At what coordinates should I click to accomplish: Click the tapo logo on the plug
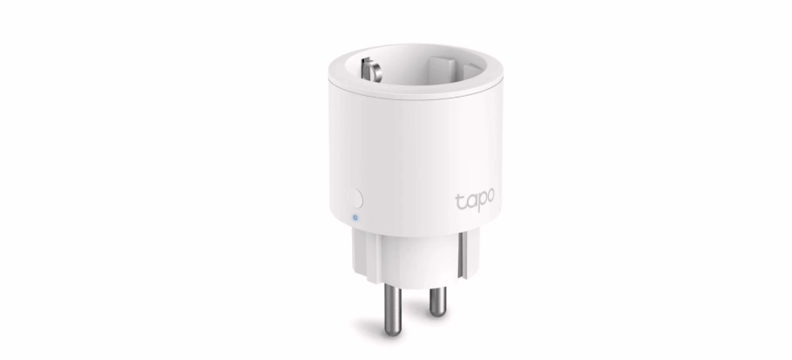(x=475, y=200)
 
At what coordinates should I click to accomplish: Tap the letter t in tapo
(x=459, y=201)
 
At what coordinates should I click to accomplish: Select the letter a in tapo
(x=469, y=201)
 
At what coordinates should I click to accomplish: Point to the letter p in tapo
(x=479, y=201)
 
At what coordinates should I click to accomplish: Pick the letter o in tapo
(x=490, y=196)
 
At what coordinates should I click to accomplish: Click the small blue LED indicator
(x=355, y=218)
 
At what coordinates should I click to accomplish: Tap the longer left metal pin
(x=393, y=309)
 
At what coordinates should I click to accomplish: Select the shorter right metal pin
(x=438, y=302)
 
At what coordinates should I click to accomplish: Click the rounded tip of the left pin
(x=393, y=331)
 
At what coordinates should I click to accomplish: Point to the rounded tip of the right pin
(x=438, y=313)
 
